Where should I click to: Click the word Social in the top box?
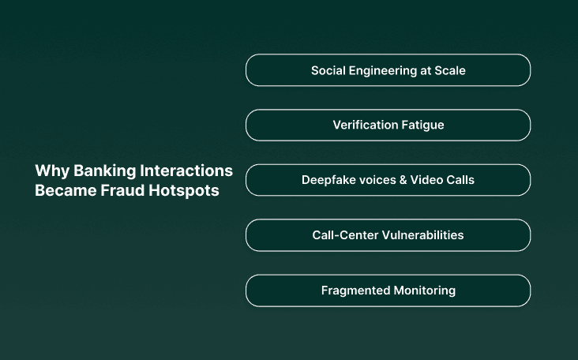[327, 70]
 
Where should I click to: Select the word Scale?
[450, 70]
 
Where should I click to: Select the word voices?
[377, 180]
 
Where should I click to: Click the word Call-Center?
[345, 235]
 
